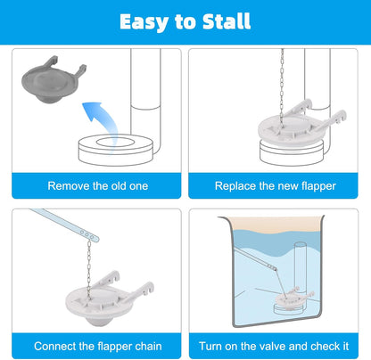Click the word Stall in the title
click(x=227, y=21)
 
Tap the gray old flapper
click(x=53, y=81)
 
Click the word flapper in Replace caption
click(x=318, y=186)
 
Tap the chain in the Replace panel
click(x=282, y=86)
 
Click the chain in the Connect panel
click(x=89, y=269)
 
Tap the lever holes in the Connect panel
click(x=87, y=234)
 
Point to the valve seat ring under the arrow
click(x=116, y=150)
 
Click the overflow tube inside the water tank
click(x=301, y=267)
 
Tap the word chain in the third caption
click(x=148, y=347)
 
